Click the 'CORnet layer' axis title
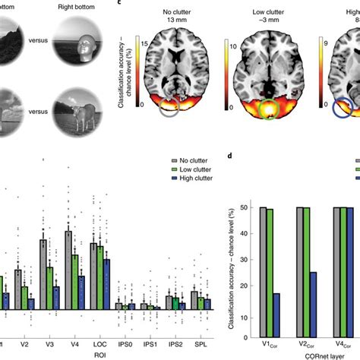click(x=306, y=351)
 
